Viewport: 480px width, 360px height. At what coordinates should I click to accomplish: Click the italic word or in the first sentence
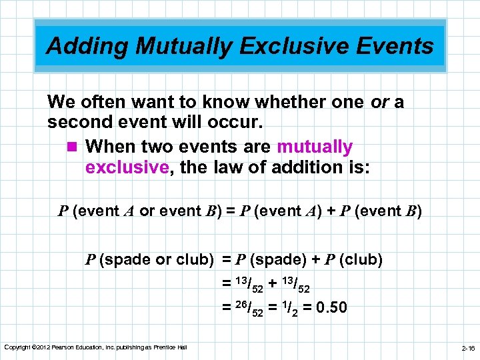coord(378,103)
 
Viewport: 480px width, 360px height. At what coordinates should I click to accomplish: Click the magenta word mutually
coord(314,146)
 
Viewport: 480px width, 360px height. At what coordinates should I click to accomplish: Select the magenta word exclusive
coord(126,167)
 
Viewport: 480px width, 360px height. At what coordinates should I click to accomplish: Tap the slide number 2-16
coord(469,348)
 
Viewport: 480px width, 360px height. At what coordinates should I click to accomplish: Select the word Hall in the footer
coord(181,347)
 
